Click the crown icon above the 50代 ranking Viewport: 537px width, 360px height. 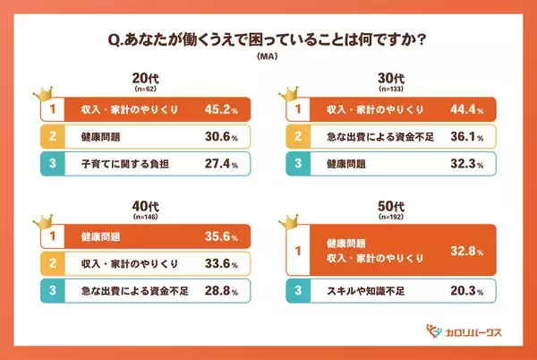click(292, 222)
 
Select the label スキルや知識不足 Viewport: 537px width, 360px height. click(361, 291)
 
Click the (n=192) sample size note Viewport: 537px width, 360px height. click(395, 217)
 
